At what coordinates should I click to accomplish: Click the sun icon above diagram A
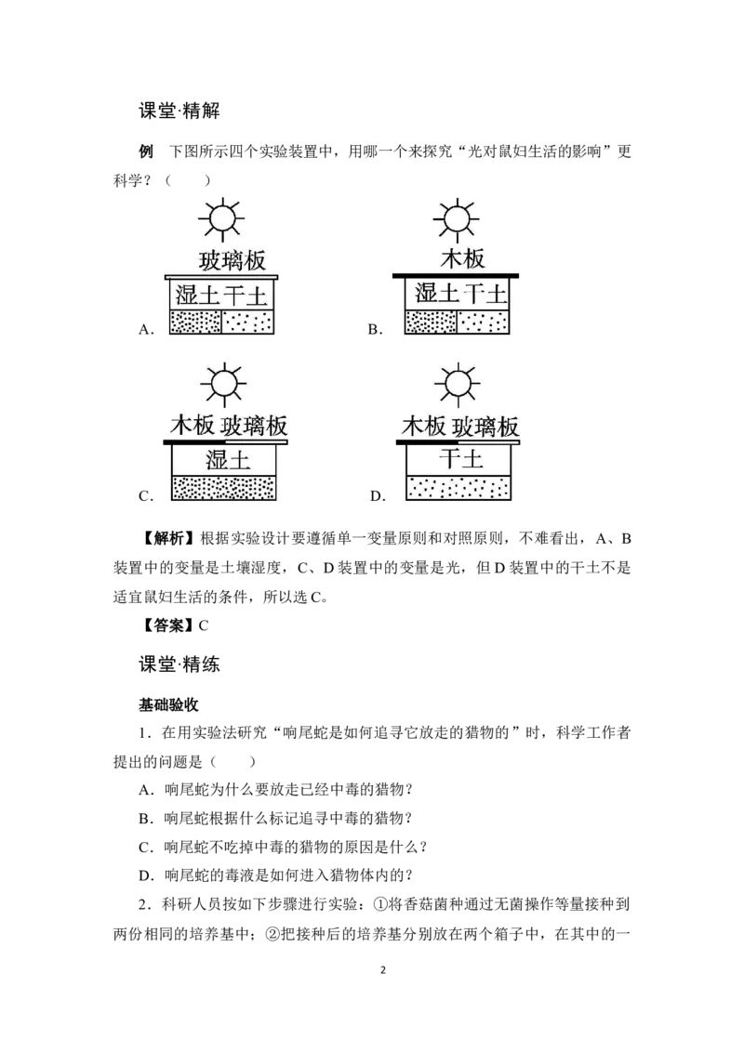[x=221, y=218]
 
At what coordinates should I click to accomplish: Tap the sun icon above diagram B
[x=457, y=219]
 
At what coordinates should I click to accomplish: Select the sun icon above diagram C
[x=223, y=385]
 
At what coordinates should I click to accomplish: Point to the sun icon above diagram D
[x=458, y=385]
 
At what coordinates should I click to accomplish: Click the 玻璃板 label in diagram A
[x=232, y=260]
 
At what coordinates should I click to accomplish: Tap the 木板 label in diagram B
[x=462, y=258]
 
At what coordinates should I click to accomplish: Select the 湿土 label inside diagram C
[x=228, y=460]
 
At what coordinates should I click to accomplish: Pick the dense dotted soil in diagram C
[x=223, y=488]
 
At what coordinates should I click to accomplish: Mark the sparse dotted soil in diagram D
[x=458, y=488]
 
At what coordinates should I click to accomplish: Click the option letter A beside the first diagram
[x=146, y=329]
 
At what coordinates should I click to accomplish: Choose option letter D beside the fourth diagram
[x=378, y=496]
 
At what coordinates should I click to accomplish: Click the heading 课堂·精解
[x=179, y=111]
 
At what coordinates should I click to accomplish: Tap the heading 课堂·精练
[x=179, y=664]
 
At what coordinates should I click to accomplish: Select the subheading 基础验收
[x=168, y=704]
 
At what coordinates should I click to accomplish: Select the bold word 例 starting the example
[x=146, y=151]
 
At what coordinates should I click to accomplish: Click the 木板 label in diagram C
[x=192, y=426]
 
